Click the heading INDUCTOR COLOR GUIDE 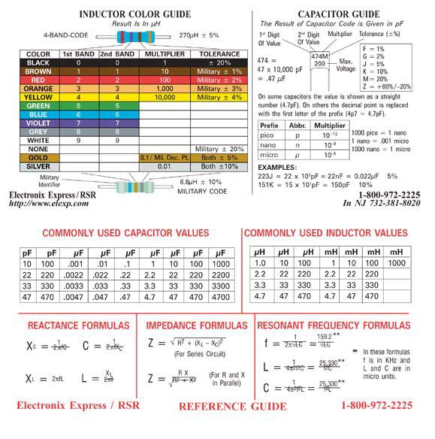pos(123,14)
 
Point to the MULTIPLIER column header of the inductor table pos(164,54)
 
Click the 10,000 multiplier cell pos(164,97)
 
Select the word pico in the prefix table pos(267,137)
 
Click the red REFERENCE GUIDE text pos(232,407)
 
